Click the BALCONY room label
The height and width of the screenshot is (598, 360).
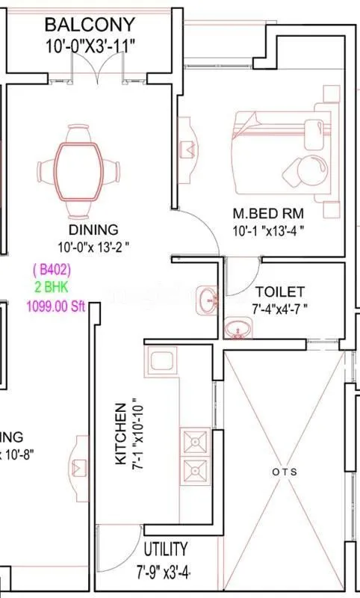90,25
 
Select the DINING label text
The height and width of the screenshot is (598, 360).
93,229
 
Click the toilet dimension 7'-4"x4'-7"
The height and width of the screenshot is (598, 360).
280,307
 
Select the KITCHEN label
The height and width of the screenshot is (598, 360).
120,435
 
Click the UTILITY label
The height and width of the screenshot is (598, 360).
166,549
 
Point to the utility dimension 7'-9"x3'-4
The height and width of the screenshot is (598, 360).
163,573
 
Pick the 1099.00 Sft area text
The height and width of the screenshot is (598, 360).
52,305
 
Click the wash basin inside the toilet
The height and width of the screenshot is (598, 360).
238,328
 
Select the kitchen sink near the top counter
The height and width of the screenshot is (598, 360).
162,362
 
